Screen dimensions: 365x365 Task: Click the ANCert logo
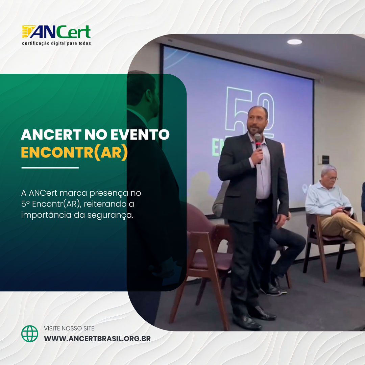(x=56, y=32)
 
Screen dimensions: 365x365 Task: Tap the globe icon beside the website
(x=30, y=334)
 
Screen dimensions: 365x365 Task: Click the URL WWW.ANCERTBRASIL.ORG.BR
(x=97, y=338)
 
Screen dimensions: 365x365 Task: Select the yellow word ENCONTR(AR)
(x=74, y=152)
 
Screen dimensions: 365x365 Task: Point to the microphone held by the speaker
(x=258, y=142)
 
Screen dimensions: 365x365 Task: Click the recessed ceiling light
(x=295, y=42)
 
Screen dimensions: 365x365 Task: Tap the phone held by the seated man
(x=347, y=209)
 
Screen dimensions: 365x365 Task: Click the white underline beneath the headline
(x=50, y=168)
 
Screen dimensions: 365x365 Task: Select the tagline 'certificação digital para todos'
(x=56, y=43)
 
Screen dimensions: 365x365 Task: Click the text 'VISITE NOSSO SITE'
(x=69, y=328)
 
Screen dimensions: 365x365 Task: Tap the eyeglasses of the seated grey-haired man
(x=332, y=178)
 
